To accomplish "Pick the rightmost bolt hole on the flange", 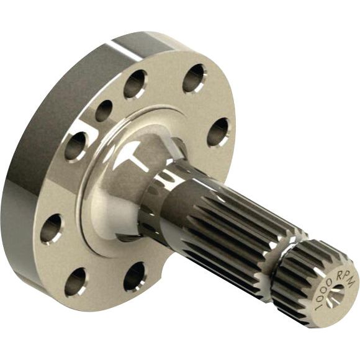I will coord(218,132).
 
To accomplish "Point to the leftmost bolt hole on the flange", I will coord(52,228).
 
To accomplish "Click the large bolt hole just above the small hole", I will coord(135,84).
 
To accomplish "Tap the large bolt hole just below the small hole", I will coord(76,146).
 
